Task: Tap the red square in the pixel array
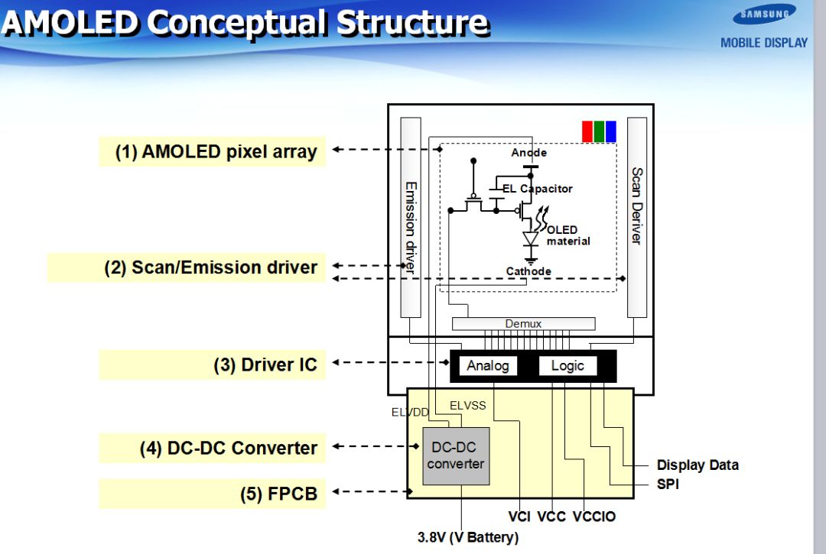[x=587, y=131]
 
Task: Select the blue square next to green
[x=610, y=131]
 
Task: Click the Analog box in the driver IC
[x=487, y=366]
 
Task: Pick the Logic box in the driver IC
[x=567, y=366]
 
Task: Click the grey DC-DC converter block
[x=456, y=455]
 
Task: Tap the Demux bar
[x=523, y=324]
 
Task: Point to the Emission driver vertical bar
[x=411, y=218]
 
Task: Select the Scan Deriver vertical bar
[x=636, y=218]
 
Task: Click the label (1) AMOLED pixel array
[x=216, y=151]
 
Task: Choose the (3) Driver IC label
[x=265, y=364]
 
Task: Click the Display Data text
[x=698, y=465]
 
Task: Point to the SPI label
[x=668, y=484]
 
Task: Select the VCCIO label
[x=593, y=517]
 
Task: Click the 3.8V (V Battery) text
[x=467, y=537]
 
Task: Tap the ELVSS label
[x=467, y=406]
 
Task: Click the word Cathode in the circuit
[x=528, y=271]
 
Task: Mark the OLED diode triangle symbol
[x=531, y=238]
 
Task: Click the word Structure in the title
[x=411, y=23]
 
